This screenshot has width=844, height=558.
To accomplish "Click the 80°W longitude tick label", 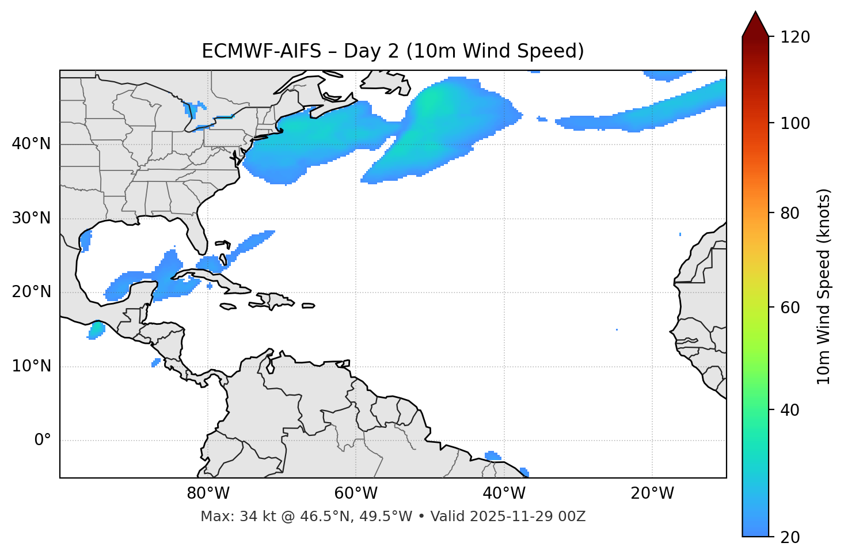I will click(208, 494).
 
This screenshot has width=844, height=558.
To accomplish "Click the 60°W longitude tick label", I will click(356, 494).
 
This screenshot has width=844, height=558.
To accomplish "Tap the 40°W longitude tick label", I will click(504, 494).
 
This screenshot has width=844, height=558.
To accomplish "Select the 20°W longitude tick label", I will click(652, 494).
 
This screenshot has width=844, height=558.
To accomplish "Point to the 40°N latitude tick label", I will click(31, 144).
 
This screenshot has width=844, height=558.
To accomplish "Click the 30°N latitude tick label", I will click(31, 218).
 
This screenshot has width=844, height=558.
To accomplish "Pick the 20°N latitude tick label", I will click(31, 292).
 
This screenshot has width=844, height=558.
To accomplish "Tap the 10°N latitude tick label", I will click(31, 366).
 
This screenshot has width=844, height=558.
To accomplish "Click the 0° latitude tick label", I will click(43, 441).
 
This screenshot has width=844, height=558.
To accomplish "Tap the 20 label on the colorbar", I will click(789, 537).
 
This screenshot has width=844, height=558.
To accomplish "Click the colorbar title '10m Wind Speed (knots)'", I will click(824, 286).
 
